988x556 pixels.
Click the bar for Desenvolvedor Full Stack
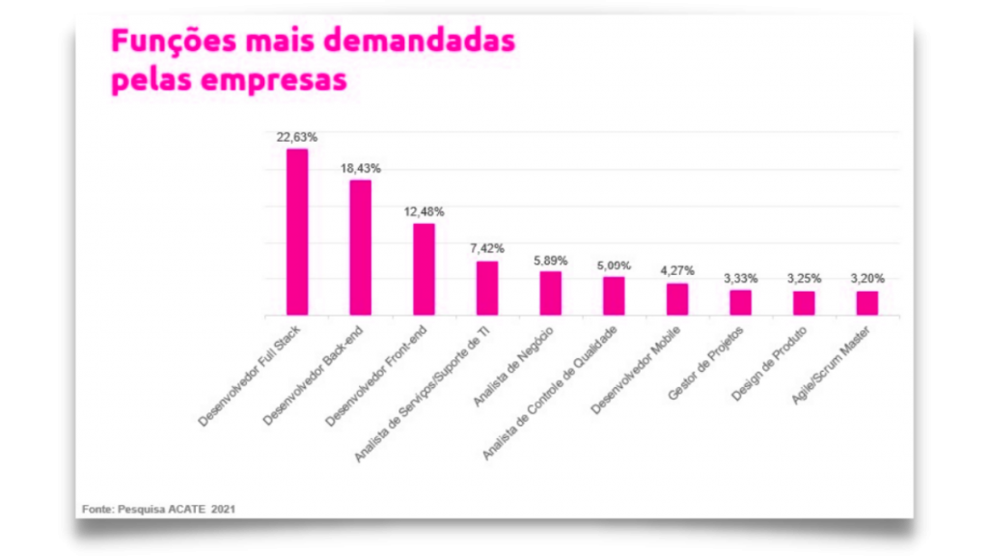click(297, 232)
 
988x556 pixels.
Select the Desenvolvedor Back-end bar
click(361, 248)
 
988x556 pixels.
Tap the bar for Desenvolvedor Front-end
click(425, 269)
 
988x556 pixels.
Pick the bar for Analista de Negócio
click(551, 293)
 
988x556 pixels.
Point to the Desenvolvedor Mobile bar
click(677, 299)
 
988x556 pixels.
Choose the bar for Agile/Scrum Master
click(867, 303)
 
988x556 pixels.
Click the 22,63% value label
click(297, 137)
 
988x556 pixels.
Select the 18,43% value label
click(361, 168)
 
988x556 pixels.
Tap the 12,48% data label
click(425, 211)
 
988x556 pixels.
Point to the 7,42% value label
click(487, 249)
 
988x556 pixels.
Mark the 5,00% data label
click(615, 264)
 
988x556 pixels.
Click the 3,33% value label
click(741, 279)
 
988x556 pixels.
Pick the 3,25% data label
click(805, 279)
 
